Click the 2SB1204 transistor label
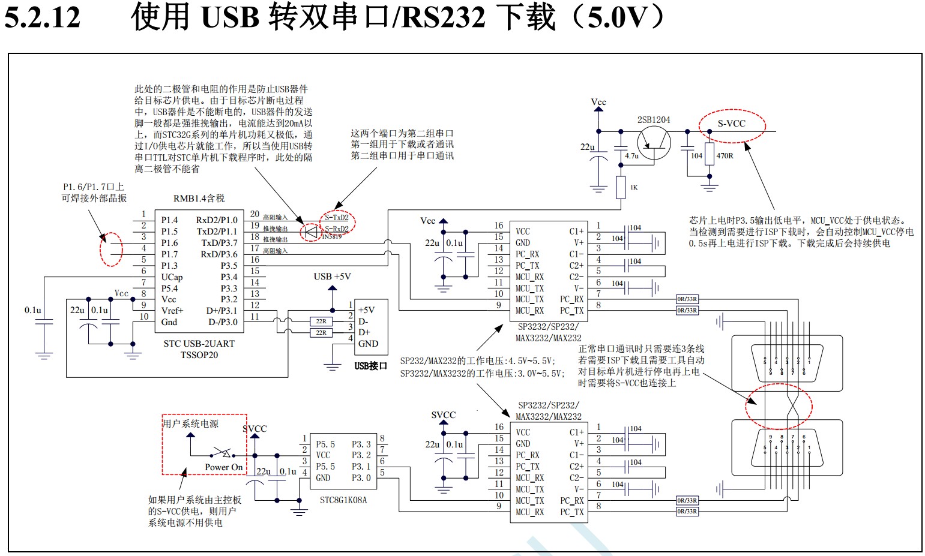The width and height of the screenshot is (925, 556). click(654, 120)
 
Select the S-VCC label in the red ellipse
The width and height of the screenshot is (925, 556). click(731, 124)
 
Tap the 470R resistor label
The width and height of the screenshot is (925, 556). click(725, 156)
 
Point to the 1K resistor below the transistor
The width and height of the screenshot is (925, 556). click(621, 187)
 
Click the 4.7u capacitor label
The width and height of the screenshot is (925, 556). click(631, 156)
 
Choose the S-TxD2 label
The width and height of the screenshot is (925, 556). click(337, 217)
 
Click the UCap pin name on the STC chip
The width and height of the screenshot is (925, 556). click(172, 277)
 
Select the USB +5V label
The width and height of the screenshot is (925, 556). click(332, 277)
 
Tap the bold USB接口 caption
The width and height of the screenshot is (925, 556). click(370, 366)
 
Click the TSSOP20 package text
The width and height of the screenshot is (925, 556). click(199, 355)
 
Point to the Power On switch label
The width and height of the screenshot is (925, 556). click(223, 467)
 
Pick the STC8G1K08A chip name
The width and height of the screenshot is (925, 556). click(343, 500)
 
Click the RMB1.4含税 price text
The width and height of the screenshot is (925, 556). click(199, 199)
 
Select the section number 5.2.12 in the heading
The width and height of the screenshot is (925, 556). click(42, 17)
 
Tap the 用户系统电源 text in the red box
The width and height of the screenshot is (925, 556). click(191, 423)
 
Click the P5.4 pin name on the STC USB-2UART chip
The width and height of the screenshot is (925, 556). click(169, 288)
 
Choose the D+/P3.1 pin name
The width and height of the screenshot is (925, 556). click(221, 311)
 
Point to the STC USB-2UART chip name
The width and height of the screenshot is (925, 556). click(199, 344)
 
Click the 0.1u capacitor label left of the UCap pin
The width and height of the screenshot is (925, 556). click(33, 310)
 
